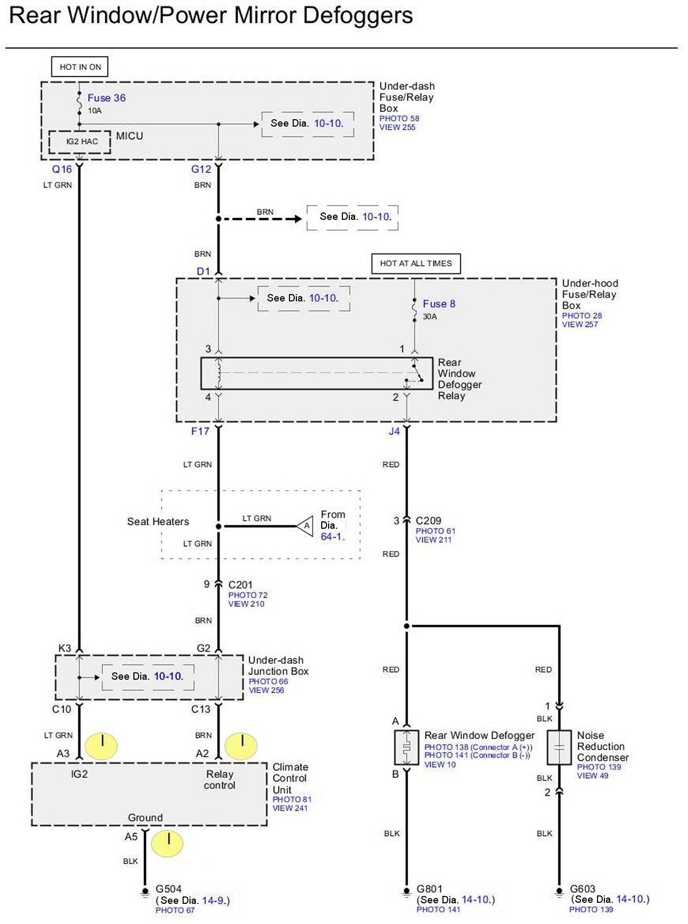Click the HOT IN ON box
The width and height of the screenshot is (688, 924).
click(x=80, y=67)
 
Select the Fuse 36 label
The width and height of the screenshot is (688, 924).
click(x=106, y=98)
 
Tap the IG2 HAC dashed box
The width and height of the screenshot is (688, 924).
click(x=80, y=142)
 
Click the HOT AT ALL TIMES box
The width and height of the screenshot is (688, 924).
click(x=416, y=263)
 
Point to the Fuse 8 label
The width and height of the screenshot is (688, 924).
click(x=439, y=304)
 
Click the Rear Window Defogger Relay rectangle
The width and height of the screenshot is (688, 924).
click(x=316, y=374)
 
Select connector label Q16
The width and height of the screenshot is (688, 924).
click(x=61, y=170)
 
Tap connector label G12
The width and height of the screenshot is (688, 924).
click(x=201, y=170)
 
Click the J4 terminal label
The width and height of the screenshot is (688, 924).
click(x=394, y=431)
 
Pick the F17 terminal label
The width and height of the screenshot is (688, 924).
click(x=200, y=431)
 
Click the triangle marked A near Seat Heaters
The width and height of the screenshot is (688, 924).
click(x=305, y=526)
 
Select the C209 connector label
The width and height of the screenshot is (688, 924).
click(x=428, y=521)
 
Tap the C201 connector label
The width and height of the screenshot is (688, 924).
click(x=240, y=585)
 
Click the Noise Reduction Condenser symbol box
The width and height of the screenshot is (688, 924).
click(x=559, y=748)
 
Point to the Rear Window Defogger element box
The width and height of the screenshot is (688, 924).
click(x=406, y=748)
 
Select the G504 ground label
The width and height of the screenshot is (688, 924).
click(x=168, y=889)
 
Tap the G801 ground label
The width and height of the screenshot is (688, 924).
click(x=429, y=889)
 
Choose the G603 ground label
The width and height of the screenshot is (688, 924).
click(x=583, y=889)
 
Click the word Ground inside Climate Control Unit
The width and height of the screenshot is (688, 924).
click(x=145, y=818)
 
